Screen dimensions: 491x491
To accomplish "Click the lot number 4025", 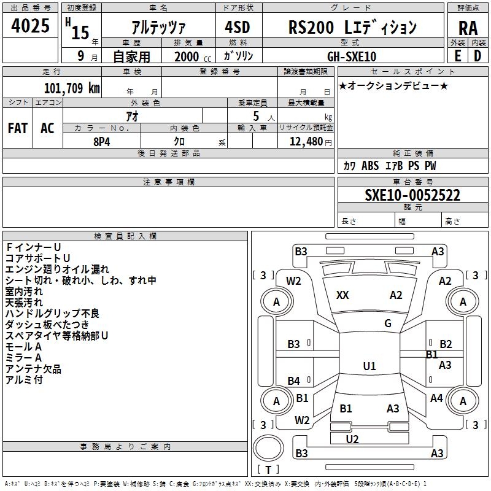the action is point(30,26).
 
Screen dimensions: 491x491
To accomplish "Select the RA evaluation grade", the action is point(468,28).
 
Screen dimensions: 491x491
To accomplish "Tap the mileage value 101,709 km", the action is point(72,88).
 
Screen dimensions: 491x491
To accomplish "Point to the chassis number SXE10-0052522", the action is point(412,195).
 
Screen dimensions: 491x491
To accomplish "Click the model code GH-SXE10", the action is point(352,56).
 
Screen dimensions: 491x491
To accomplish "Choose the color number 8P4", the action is point(102,142).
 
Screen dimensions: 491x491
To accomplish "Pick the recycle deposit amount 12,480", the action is point(306,142).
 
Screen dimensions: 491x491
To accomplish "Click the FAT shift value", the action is point(18,128).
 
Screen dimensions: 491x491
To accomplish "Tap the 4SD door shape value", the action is point(238,27).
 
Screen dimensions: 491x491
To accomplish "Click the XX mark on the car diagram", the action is point(342,295).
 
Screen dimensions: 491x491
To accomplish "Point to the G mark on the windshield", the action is point(388,323).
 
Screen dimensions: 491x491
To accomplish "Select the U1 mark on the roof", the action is point(369,366).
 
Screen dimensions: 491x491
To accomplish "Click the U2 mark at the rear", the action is point(352,439).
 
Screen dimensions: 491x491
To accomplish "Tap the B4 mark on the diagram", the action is point(294,381).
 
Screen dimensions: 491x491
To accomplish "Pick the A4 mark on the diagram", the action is point(436,398).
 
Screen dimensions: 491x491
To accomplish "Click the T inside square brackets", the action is point(268,470).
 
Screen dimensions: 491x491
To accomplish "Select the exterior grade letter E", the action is point(457,56).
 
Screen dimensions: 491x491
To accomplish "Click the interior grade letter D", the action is point(477,56).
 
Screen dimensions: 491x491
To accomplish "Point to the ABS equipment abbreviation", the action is point(370,166).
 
